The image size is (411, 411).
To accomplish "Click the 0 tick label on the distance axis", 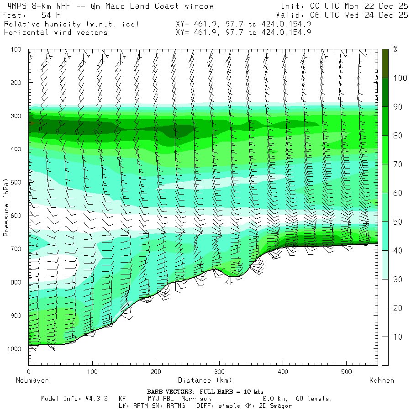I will click(29, 372).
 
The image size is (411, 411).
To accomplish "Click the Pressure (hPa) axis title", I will click(6, 207).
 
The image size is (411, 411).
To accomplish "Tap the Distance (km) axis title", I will click(205, 380).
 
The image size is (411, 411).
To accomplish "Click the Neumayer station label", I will click(32, 380).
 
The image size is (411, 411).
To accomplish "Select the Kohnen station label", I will click(381, 380).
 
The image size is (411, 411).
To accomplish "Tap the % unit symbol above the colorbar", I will click(395, 49).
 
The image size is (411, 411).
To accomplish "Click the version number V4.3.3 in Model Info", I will click(97, 399).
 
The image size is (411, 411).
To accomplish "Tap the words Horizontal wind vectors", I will click(56, 32).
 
